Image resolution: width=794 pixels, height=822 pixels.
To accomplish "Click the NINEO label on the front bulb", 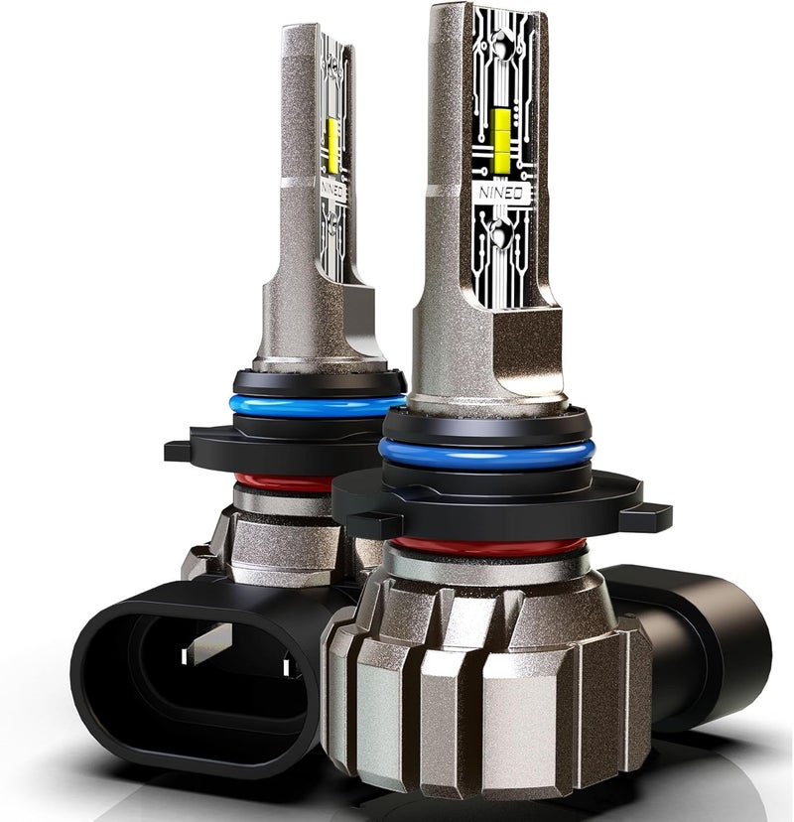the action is coord(500,193).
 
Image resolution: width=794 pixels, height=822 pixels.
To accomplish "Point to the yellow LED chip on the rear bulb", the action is coord(332,145).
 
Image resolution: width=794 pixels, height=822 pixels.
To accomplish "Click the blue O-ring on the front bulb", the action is coord(486,455).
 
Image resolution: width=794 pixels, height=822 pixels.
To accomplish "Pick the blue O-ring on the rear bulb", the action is coord(317,407).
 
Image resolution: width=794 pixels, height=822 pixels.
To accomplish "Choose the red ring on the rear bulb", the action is coord(283,482).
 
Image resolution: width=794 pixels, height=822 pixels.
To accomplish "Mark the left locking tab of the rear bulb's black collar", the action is coord(179,450).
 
